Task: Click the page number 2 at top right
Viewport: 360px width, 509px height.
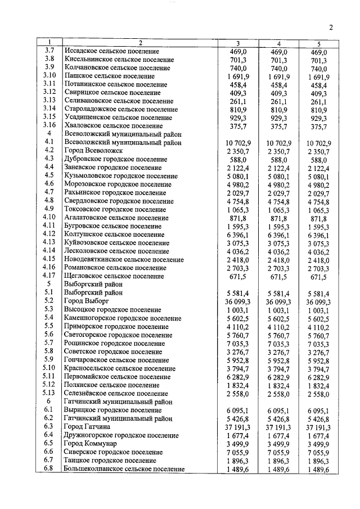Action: (x=331, y=28)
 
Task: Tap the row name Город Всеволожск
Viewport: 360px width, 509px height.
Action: (x=93, y=151)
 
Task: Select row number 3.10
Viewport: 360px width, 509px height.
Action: (x=49, y=75)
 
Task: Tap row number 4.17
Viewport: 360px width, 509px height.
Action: (x=49, y=276)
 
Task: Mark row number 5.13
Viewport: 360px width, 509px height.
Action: (x=49, y=394)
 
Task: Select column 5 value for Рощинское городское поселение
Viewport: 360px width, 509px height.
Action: (x=318, y=343)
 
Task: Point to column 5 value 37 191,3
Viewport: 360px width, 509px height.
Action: (x=318, y=427)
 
